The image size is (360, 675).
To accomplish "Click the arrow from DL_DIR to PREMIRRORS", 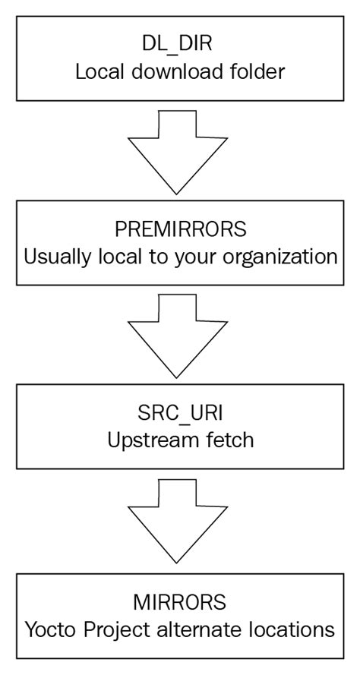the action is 178,152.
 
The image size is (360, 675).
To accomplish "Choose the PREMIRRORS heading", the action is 181,229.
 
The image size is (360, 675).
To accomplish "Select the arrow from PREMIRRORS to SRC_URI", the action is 178,336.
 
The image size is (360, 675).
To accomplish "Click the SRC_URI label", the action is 180,414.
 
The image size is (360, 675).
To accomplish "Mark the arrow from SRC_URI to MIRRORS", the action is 178,522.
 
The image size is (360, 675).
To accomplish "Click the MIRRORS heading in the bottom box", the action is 179,602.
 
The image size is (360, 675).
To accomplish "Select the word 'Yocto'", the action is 51,630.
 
